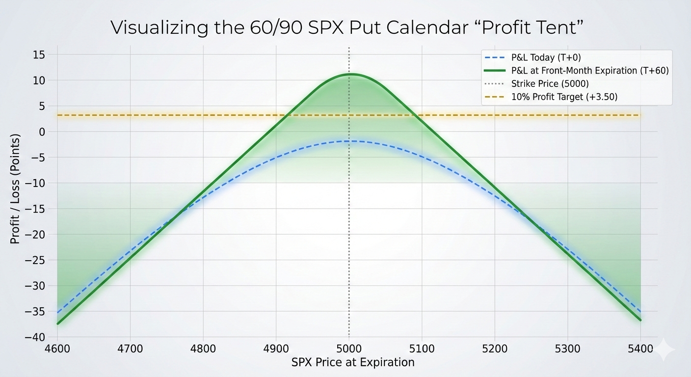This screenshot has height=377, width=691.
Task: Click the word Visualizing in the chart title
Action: pyautogui.click(x=159, y=27)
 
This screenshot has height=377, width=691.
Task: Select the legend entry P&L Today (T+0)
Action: pyautogui.click(x=533, y=57)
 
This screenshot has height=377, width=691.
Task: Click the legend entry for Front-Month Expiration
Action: pyautogui.click(x=576, y=71)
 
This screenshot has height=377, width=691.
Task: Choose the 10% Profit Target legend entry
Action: pyautogui.click(x=551, y=97)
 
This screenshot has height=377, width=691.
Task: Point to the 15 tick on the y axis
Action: pyautogui.click(x=39, y=55)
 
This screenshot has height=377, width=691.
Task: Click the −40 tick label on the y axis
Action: pyautogui.click(x=35, y=337)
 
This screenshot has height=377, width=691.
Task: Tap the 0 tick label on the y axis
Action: pyautogui.click(x=42, y=132)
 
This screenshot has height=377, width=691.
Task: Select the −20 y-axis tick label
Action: pyautogui.click(x=35, y=235)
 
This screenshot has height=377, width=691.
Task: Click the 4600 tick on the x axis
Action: pyautogui.click(x=57, y=349)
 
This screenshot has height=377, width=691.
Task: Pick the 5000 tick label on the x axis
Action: pyautogui.click(x=349, y=349)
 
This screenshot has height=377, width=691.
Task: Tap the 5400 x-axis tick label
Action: pyautogui.click(x=640, y=349)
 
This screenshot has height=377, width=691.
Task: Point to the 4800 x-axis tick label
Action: pyautogui.click(x=203, y=349)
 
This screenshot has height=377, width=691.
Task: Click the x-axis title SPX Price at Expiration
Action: pyautogui.click(x=353, y=362)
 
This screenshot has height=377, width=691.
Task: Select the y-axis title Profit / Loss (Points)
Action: pyautogui.click(x=15, y=189)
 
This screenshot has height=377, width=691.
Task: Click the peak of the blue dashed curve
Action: pyautogui.click(x=349, y=141)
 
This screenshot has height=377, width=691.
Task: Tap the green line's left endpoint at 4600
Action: pyautogui.click(x=58, y=323)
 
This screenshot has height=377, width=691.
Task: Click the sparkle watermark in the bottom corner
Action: pyautogui.click(x=664, y=350)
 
